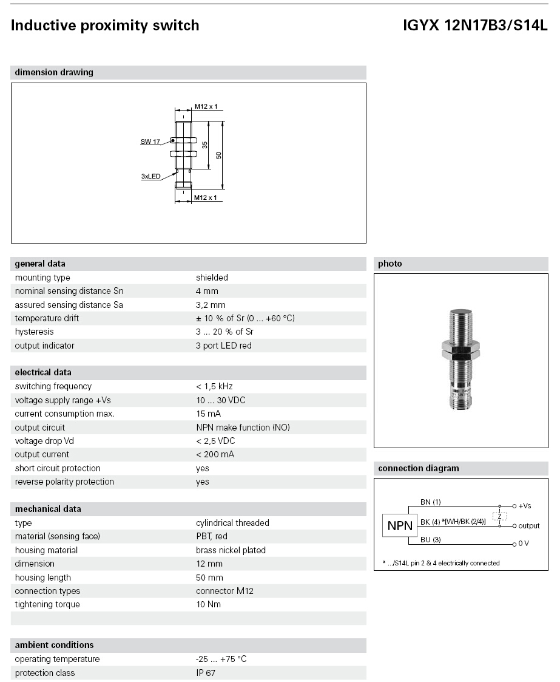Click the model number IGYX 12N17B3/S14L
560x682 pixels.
[x=474, y=26]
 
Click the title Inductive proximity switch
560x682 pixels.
[x=105, y=26]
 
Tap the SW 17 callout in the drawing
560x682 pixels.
[x=150, y=142]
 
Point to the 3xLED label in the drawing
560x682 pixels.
[x=150, y=176]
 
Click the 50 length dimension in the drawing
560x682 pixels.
[x=219, y=154]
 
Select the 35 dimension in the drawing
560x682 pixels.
[x=205, y=145]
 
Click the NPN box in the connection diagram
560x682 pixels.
[x=400, y=526]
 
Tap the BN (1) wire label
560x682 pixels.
[x=430, y=502]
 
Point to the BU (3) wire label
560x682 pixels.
[x=430, y=539]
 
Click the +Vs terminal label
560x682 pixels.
[x=525, y=506]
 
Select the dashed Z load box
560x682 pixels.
[x=499, y=516]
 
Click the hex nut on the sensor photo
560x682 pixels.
[x=460, y=349]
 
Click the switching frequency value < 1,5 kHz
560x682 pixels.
[x=214, y=386]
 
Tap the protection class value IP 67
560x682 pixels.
[x=206, y=673]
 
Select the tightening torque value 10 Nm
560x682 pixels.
[x=208, y=604]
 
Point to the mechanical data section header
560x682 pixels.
[x=48, y=509]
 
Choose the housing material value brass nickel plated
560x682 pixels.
[x=231, y=550]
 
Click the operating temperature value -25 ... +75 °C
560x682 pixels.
[x=221, y=659]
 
